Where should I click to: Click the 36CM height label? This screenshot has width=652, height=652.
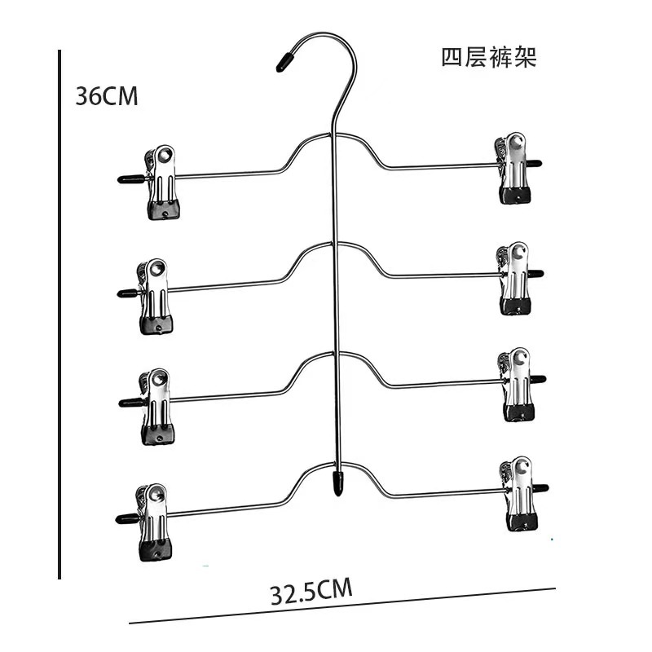pos(107,96)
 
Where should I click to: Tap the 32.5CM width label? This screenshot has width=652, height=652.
pos(311,590)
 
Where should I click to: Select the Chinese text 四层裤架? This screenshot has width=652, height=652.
pos(489,57)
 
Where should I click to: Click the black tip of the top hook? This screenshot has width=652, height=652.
pos(283,62)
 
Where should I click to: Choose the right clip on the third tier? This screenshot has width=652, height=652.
pos(515,385)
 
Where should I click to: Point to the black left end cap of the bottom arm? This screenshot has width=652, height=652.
pos(125,518)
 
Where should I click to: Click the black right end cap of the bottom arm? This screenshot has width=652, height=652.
pos(540,488)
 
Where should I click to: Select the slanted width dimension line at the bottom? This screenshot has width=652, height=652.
pos(342,606)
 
